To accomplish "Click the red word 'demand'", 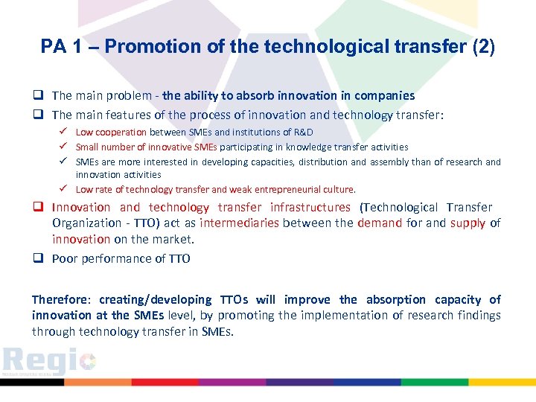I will click(x=380, y=223).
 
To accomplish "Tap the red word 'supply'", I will click(x=466, y=223).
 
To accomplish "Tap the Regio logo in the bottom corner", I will click(x=48, y=363).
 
